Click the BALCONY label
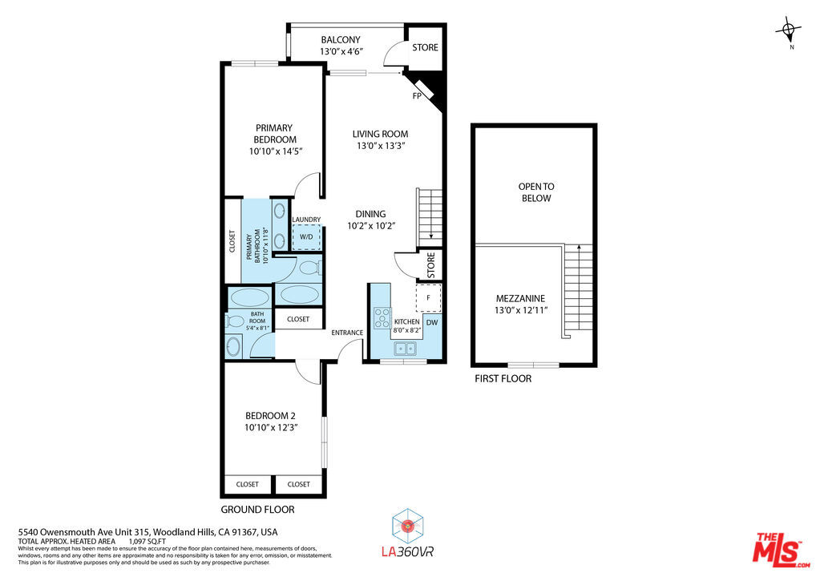tap(341, 39)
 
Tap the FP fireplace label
tap(417, 95)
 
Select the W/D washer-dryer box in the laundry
tap(306, 237)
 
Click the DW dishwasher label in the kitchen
tap(432, 323)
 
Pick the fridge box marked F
tap(428, 297)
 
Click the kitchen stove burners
tap(382, 318)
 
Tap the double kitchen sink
tap(405, 348)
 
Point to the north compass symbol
tap(789, 31)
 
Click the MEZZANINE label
tap(520, 299)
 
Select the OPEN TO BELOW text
tap(536, 192)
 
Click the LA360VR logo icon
tap(408, 526)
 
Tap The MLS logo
tap(782, 550)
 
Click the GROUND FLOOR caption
tap(257, 510)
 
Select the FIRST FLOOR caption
tap(503, 379)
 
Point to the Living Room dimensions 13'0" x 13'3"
tap(381, 146)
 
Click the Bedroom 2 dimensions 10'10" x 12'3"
tap(271, 428)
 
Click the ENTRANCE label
tap(347, 333)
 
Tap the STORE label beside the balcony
tap(425, 47)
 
